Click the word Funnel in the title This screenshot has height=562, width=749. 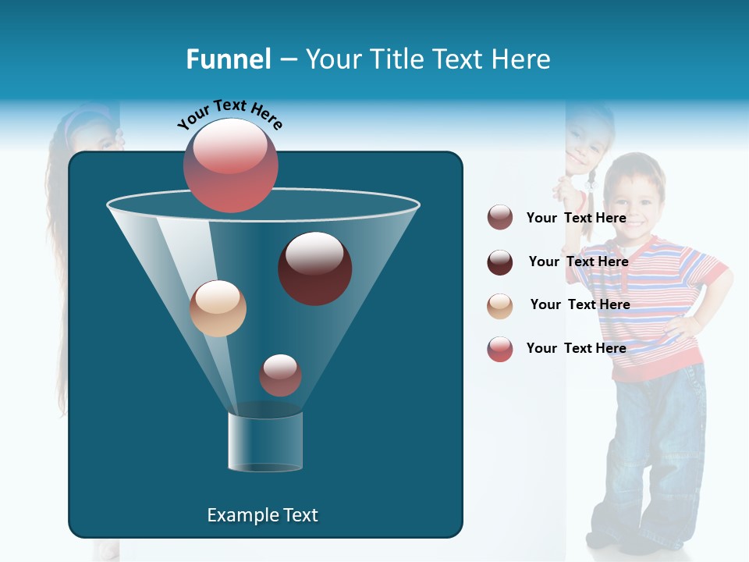pos(229,59)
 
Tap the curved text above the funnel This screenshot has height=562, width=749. pos(229,115)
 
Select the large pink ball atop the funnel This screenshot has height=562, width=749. pos(231,165)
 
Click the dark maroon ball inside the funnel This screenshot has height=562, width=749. pos(314,269)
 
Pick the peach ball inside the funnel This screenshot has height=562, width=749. pos(218,308)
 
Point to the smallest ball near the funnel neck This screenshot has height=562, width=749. pos(280,375)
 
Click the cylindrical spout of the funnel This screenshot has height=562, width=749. pos(265,442)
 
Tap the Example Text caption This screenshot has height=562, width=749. pos(262,515)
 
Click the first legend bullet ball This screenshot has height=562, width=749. pos(500,218)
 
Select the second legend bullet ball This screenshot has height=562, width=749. pos(500,262)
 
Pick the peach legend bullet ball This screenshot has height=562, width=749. pos(500,305)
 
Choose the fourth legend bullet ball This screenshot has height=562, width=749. pos(500,349)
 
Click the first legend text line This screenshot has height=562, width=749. pos(576,218)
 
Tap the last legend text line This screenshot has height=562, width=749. pos(576,348)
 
